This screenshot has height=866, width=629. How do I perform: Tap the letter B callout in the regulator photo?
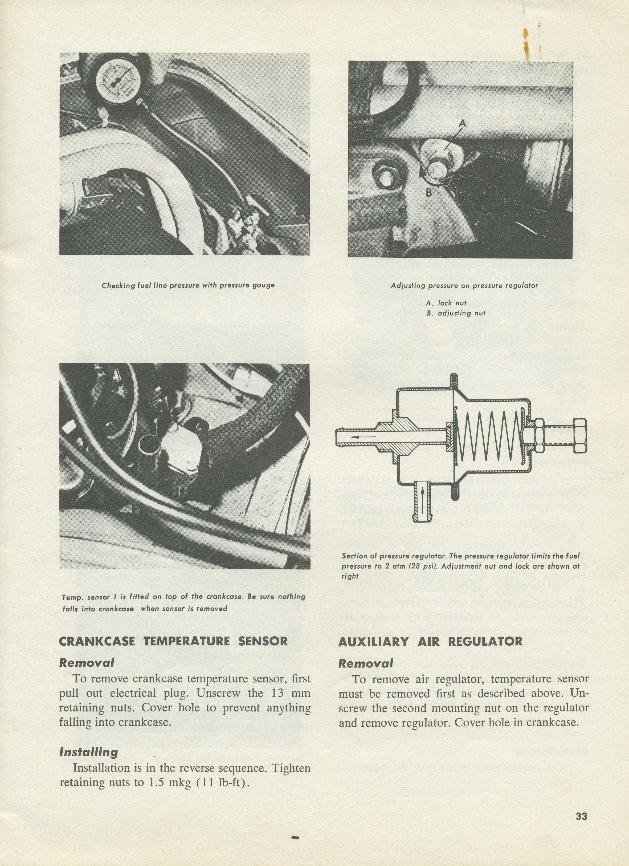429,193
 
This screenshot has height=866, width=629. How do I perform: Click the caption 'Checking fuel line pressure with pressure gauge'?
188,285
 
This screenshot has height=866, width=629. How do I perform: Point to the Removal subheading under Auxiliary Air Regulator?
365,663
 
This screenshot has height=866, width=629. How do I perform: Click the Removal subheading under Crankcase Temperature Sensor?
87,662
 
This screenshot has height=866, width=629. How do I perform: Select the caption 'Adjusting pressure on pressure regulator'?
464,285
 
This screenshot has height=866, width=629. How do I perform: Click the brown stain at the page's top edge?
527,42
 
